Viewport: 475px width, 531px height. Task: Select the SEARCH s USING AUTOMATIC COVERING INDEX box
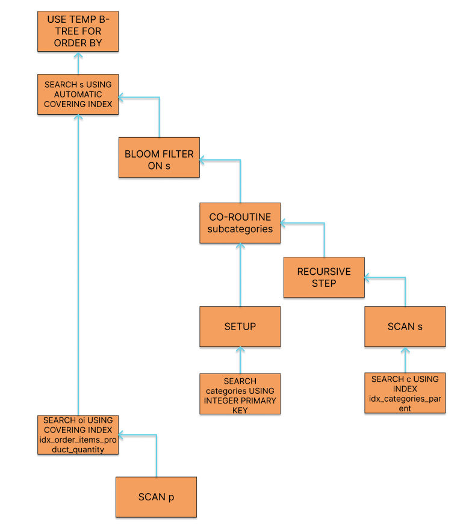click(x=78, y=94)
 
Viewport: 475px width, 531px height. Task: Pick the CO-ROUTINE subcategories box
click(x=240, y=223)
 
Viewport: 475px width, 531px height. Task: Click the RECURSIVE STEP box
click(x=324, y=277)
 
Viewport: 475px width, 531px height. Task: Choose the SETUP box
click(x=240, y=327)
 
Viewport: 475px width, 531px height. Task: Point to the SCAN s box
click(x=405, y=327)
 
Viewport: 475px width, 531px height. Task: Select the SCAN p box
click(x=156, y=497)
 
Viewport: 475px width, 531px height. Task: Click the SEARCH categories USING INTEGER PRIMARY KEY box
click(x=240, y=395)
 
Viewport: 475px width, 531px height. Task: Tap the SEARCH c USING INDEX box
click(x=405, y=393)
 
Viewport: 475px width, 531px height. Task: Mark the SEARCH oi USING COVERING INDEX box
click(x=78, y=434)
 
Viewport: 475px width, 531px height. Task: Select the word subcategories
click(x=240, y=229)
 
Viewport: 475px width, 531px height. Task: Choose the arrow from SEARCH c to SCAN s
click(x=405, y=360)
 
